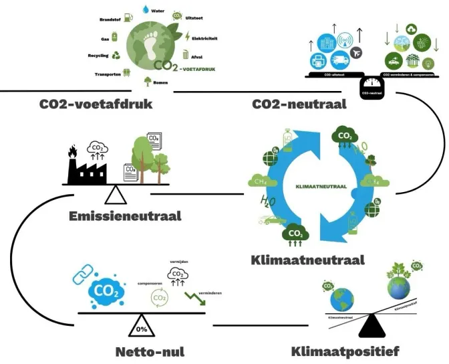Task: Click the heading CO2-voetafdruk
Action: coord(96,104)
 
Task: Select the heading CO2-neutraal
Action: coord(299,104)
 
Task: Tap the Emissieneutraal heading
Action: coord(125,216)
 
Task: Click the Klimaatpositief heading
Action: coord(345,351)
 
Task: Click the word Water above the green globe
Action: coord(158,11)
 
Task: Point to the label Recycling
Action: coord(98,56)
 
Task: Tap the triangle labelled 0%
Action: coord(142,327)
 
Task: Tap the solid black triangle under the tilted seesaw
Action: coord(371,327)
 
